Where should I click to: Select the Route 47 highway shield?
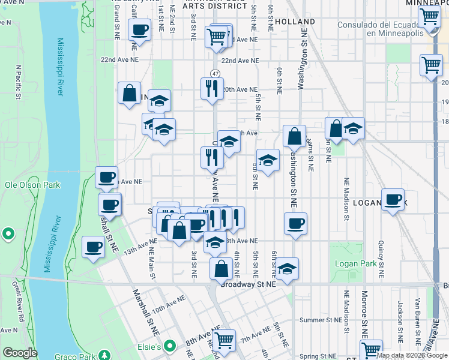tap(215, 73)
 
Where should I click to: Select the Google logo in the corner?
tap(19, 353)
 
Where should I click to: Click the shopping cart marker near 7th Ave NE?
tap(224, 341)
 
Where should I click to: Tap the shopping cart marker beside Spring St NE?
tap(370, 349)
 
